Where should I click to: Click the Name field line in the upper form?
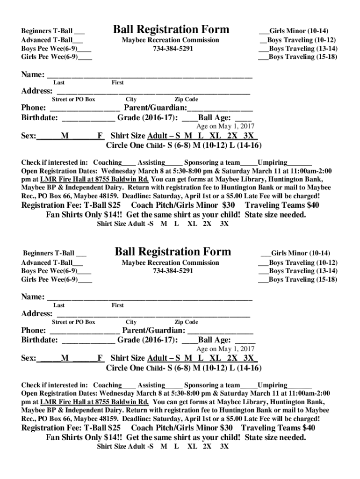(150, 75)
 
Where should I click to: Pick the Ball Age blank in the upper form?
(243, 118)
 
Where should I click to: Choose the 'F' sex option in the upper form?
(100, 136)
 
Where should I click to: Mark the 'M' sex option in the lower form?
(65, 358)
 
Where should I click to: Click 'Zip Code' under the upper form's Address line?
(186, 99)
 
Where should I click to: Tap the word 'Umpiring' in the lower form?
(273, 385)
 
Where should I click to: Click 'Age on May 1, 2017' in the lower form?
(225, 349)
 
